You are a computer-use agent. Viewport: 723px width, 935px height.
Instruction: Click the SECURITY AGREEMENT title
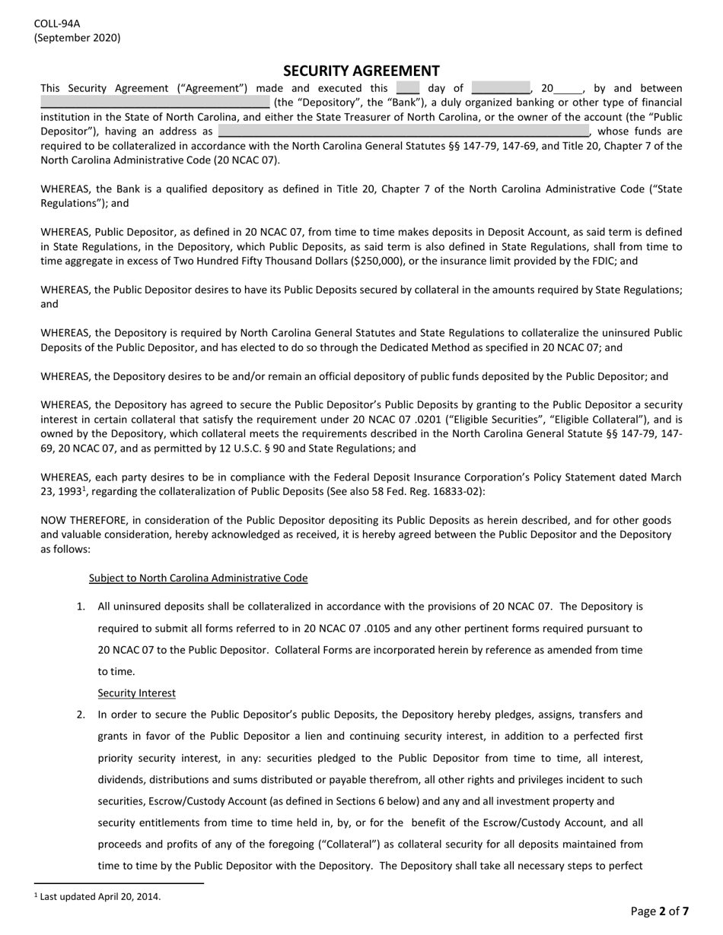[x=361, y=71]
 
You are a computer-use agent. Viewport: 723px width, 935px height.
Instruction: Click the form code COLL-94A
[x=57, y=24]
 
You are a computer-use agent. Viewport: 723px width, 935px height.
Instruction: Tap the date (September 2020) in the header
[x=77, y=38]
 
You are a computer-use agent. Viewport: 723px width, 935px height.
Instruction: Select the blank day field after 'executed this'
[x=407, y=88]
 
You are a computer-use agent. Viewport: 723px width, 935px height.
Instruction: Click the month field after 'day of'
[x=500, y=88]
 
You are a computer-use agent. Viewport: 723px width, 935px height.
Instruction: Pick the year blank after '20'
[x=568, y=89]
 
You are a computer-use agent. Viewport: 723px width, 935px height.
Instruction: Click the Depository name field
[x=154, y=102]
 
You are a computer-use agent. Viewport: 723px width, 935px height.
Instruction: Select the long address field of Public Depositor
[x=403, y=131]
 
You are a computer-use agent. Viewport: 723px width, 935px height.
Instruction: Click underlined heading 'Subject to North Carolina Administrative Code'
[x=198, y=578]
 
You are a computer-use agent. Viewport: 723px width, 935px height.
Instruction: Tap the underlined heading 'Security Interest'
[x=136, y=693]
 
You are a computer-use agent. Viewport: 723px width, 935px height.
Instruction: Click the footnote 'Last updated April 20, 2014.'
[x=100, y=896]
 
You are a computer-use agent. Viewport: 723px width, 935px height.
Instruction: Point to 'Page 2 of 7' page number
[x=660, y=911]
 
